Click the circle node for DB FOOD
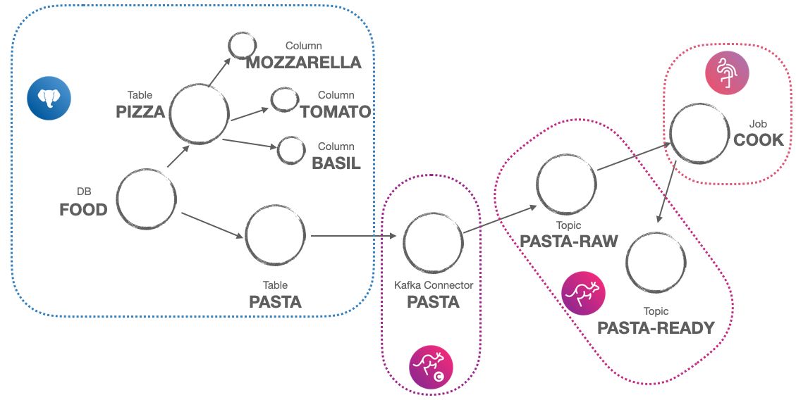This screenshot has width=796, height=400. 147,199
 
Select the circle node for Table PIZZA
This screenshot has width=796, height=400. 199,114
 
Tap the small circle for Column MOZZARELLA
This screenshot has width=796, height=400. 242,46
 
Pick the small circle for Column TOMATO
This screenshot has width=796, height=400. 285,100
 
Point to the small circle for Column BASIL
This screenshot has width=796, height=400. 290,150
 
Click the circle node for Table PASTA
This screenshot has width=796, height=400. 275,235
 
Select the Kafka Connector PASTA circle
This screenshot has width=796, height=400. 434,242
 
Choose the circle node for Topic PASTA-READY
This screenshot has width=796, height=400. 656,262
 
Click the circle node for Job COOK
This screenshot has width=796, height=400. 699,133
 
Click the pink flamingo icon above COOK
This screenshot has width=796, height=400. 727,73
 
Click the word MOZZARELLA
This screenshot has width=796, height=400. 303,63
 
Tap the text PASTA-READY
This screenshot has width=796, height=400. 656,327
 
